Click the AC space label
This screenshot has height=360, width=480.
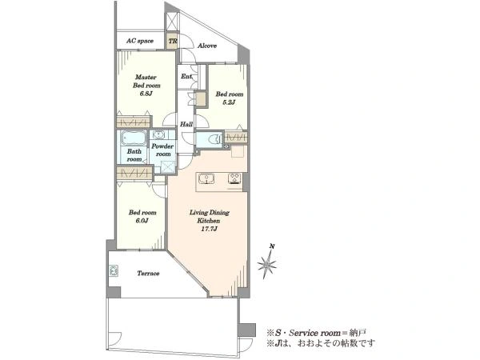point(140,41)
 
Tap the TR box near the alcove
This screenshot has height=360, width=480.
point(172,41)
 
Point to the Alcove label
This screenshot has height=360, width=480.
point(207,46)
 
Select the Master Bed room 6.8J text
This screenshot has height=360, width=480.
point(146,86)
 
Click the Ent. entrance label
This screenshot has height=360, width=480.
point(186,76)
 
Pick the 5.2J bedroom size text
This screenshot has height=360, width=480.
point(230,102)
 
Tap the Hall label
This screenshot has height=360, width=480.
point(186,124)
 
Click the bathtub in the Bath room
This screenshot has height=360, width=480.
point(133,138)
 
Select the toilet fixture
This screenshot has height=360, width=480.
point(214,139)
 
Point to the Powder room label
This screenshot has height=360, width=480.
point(163,150)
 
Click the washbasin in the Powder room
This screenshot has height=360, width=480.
point(158,134)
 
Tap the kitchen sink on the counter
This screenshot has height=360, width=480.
point(206,178)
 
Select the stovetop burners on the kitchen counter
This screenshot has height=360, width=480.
point(234,178)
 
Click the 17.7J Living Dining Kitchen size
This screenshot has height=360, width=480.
point(210,229)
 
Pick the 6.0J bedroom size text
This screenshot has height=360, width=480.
point(142,221)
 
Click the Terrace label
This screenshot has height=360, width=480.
point(148,274)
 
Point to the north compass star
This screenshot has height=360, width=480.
point(267,264)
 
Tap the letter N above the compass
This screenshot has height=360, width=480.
point(272,246)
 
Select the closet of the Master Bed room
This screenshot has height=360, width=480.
point(134,122)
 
